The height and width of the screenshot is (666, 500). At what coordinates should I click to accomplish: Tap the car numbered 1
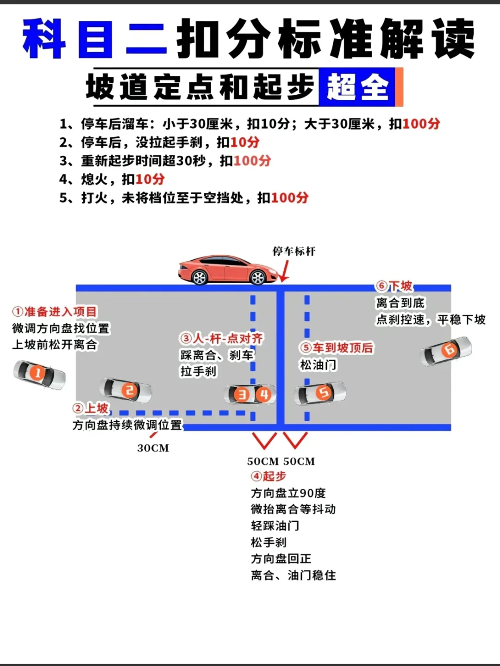pos(39,374)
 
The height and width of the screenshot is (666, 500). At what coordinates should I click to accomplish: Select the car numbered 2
pos(126,391)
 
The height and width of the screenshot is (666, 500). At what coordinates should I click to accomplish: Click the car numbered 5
pos(320,393)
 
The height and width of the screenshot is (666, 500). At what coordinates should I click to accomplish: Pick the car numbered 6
pos(446,351)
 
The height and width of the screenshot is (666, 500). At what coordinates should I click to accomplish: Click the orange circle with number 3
pos(241,395)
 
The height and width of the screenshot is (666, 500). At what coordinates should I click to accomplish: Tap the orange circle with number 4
pos(264,395)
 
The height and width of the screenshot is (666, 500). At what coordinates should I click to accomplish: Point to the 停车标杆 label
pos(294,251)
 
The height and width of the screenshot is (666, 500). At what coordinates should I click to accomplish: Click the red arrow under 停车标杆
pos(284,271)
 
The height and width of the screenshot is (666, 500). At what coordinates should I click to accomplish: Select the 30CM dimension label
pos(153,448)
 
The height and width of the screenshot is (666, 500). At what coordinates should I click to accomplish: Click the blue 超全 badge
pos(357,87)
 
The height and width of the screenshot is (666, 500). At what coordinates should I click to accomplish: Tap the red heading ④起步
pos(269,476)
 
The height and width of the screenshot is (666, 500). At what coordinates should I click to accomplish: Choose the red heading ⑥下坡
pos(394,286)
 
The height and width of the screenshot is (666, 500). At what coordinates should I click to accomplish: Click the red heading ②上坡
pos(90,408)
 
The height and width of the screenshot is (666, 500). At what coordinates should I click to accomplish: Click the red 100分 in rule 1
pos(421,124)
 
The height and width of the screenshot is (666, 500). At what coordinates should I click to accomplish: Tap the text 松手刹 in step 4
pos(269,542)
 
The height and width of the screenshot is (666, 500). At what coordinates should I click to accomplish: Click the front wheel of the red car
pos(257,277)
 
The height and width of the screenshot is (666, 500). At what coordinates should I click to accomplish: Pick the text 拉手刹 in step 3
pos(198,371)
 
